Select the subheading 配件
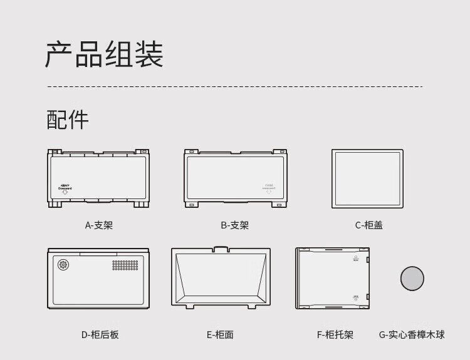[x=68, y=119]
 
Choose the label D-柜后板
[x=100, y=335]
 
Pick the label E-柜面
[x=220, y=335]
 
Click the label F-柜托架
[x=335, y=335]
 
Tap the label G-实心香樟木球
[x=412, y=335]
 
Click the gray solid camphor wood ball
[x=412, y=277]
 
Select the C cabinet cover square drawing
[x=367, y=180]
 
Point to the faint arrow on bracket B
[x=269, y=192]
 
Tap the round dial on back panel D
[x=63, y=265]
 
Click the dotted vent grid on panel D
[x=125, y=265]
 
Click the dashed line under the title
[x=235, y=86]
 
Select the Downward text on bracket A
[x=65, y=187]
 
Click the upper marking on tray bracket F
[x=356, y=259]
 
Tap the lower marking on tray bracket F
[x=356, y=298]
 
